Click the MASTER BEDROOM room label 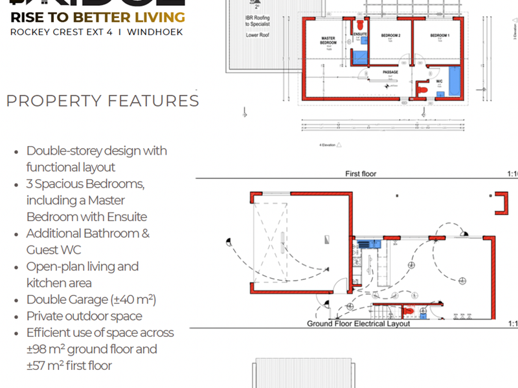point(328,41)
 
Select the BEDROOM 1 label point(440,35)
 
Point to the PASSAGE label point(390,72)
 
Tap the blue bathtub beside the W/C point(455,81)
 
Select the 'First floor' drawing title point(361,174)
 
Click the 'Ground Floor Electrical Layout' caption point(358,324)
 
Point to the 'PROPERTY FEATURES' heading point(102,101)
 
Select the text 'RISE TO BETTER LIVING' point(97,17)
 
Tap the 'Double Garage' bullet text point(91,299)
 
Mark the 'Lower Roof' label point(257,36)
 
